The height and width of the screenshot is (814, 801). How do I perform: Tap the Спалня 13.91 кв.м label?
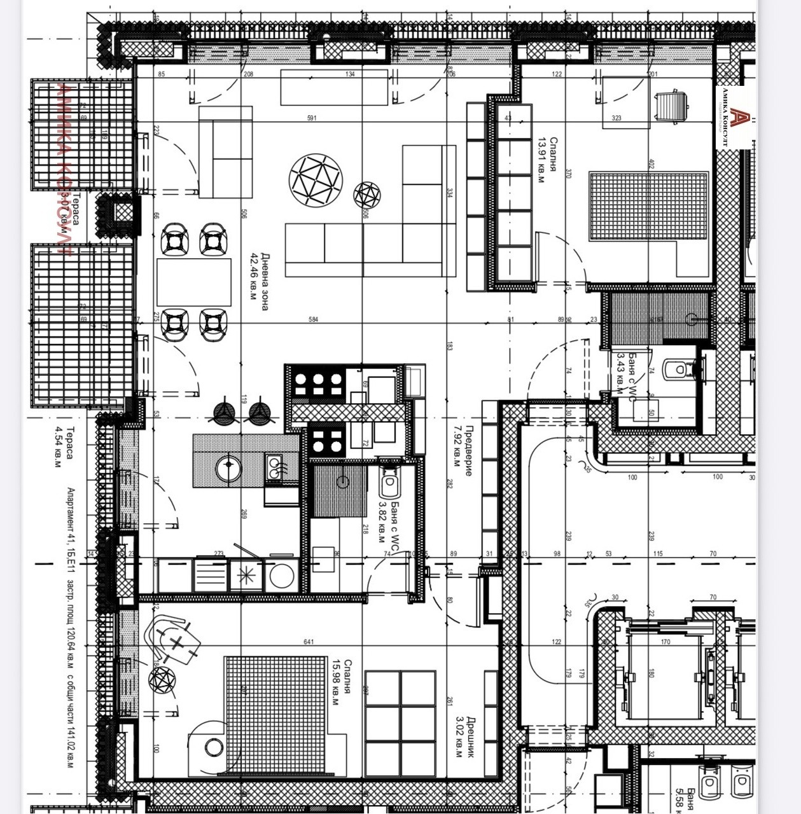coord(548,160)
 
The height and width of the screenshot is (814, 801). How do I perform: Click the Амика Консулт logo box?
coord(735,118)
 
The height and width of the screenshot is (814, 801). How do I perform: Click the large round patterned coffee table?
coord(316,180)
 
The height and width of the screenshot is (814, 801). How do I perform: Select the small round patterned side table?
coord(367,195)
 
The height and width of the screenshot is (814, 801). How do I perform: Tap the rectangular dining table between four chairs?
coord(194,282)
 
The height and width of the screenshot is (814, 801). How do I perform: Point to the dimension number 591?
coord(312,118)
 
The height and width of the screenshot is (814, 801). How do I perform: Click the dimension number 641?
coord(309,642)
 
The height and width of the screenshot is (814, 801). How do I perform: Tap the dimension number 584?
coord(313,319)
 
